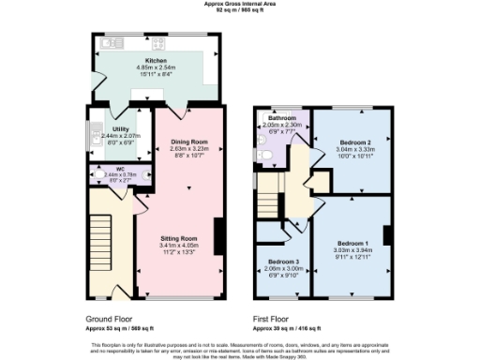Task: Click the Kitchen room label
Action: pyautogui.click(x=155, y=59)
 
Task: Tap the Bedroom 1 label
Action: pyautogui.click(x=353, y=243)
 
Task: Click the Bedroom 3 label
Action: pyautogui.click(x=282, y=261)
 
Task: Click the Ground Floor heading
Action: pyautogui.click(x=109, y=319)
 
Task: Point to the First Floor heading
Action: pyautogui.click(x=274, y=319)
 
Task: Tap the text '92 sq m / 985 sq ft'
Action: pyautogui.click(x=239, y=10)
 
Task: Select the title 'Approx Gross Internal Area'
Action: pyautogui.click(x=239, y=4)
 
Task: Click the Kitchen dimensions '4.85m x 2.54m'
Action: pyautogui.click(x=155, y=67)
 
